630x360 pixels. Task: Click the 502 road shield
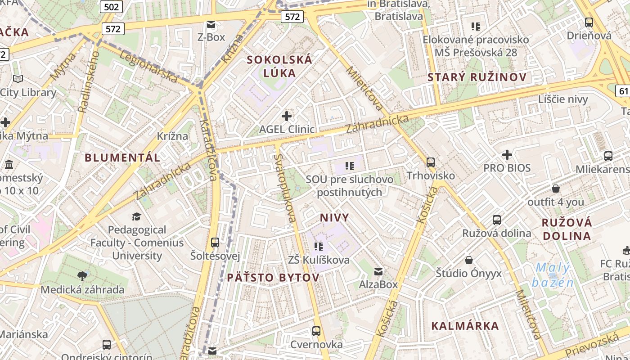click(111, 7)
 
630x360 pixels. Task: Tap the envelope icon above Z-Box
click(211, 24)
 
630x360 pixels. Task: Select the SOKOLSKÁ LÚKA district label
click(279, 66)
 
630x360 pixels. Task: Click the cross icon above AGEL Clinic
click(287, 117)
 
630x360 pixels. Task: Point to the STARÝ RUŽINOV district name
click(477, 77)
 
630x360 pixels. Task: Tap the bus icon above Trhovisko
click(431, 162)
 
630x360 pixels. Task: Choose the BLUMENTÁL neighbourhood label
click(122, 157)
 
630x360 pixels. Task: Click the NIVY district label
click(334, 218)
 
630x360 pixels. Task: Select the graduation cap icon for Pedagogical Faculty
click(136, 217)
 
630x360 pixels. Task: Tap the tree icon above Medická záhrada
click(82, 276)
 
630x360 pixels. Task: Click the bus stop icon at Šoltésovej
click(215, 243)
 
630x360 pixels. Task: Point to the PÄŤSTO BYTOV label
click(273, 277)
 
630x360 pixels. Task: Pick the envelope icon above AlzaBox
click(378, 272)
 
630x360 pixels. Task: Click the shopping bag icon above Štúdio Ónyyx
click(469, 260)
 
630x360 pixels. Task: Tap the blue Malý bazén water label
click(553, 275)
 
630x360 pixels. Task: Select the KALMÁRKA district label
click(465, 326)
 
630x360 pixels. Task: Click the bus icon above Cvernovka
click(316, 331)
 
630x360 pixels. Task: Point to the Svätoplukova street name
click(285, 188)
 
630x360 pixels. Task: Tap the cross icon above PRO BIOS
click(507, 155)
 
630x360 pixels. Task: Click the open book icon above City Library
click(18, 79)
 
